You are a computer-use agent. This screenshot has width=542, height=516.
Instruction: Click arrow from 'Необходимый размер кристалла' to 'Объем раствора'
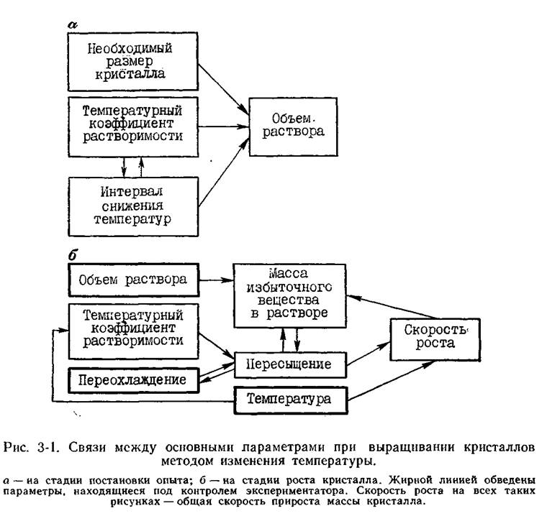coord(224,88)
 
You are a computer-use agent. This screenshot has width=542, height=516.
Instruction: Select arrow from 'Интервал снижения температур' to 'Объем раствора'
coord(224,172)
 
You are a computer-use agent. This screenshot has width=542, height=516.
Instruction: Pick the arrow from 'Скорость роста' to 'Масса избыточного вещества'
coord(393,307)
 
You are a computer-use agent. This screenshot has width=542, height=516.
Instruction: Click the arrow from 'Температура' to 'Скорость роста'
coord(392,381)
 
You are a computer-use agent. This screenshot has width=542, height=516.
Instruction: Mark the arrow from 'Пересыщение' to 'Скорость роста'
coord(369,354)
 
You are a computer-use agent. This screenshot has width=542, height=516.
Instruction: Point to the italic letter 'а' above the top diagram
coord(73,25)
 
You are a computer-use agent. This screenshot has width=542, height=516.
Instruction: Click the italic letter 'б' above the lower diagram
coord(72,255)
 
